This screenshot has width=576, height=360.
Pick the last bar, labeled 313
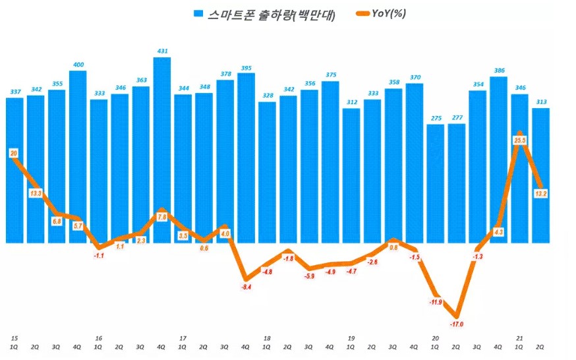pos(541,175)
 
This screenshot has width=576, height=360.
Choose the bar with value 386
pos(499,158)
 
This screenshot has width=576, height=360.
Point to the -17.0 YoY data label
pos(457,324)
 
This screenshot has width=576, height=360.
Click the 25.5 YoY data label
pos(521,140)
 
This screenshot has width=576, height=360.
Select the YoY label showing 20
pos(14,153)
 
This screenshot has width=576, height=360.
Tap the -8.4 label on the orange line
pos(246,287)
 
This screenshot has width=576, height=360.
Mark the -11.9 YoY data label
pos(436,302)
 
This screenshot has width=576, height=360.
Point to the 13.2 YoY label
pos(541,193)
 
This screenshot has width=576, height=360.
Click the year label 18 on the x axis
pos(267,338)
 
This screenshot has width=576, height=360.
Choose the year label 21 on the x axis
pos(520,338)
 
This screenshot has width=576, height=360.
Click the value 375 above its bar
pos(330,75)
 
